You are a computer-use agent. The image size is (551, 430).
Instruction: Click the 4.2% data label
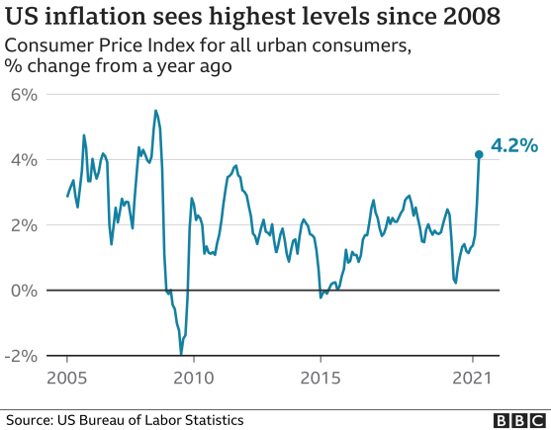coord(514,146)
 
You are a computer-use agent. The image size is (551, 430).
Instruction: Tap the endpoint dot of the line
coord(479,154)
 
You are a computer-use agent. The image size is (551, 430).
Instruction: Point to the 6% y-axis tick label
coord(25,95)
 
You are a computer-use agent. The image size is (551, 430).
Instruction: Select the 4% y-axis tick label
coord(25,160)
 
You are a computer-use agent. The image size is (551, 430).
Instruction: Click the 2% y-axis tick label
coord(25,225)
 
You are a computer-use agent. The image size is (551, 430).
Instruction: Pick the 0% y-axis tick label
coord(25,291)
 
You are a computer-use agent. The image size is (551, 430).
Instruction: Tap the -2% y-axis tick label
coord(21,356)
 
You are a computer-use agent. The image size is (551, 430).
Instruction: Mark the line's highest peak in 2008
coord(155,110)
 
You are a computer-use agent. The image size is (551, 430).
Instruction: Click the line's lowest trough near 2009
coord(181,354)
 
